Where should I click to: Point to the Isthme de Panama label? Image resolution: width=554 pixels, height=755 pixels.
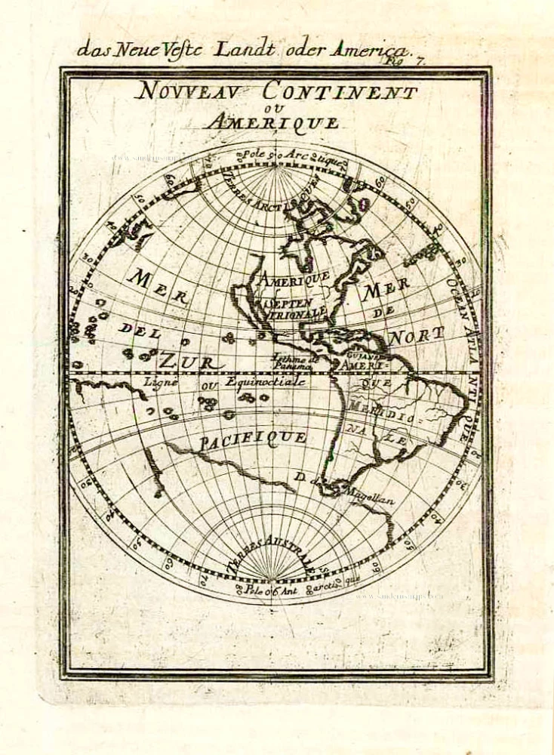pyautogui.click(x=297, y=362)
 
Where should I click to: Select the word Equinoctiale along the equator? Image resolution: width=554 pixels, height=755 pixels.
pyautogui.click(x=264, y=382)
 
